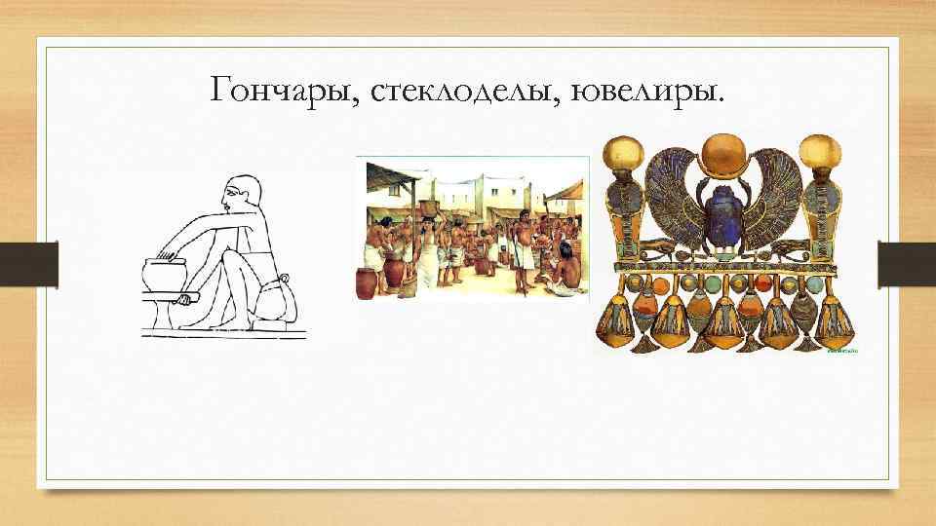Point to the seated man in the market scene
pos(563,274)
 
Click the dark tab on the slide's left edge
pos(47,264)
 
